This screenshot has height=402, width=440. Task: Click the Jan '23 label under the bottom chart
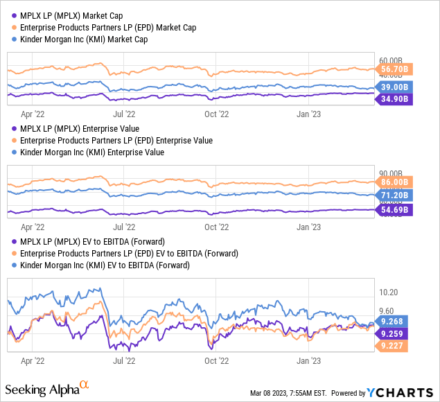tap(308, 360)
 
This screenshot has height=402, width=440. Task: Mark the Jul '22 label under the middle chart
tap(123, 226)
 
